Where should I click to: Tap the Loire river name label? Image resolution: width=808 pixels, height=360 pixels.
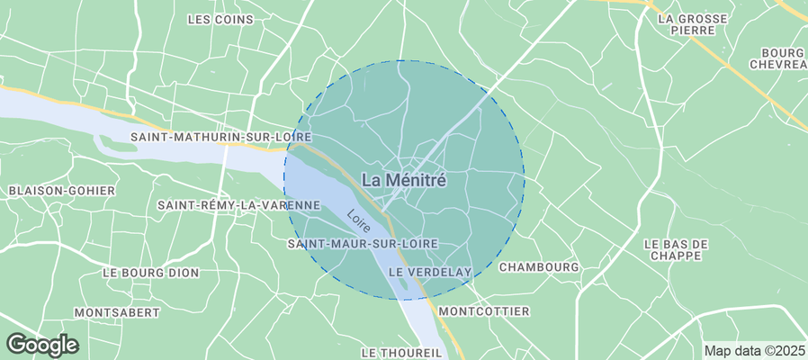coord(359,221)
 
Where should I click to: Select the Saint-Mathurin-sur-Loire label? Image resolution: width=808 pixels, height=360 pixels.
coord(220,137)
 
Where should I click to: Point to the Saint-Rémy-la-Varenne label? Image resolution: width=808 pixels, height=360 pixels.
coord(238,205)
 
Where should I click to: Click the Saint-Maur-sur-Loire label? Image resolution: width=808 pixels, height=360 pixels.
coord(363,244)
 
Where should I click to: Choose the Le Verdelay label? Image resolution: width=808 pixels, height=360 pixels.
coord(430,272)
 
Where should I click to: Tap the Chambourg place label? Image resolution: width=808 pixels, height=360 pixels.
coord(538,267)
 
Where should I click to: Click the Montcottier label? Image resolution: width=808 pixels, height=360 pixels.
coord(484,311)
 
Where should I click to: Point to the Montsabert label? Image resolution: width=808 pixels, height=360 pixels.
coord(117,312)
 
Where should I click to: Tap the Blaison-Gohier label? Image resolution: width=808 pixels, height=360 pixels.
coord(62,191)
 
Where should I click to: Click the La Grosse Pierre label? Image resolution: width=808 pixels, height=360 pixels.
coord(692,23)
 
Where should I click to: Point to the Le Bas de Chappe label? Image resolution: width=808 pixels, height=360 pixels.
coord(678,250)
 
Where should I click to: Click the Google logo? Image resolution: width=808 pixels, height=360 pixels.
coord(42,344)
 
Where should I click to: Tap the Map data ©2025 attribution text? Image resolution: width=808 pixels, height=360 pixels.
coord(754,351)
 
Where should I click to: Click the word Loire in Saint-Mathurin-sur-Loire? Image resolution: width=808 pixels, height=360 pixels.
coord(292,137)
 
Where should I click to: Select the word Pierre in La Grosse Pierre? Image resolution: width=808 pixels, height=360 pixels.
coord(692,30)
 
